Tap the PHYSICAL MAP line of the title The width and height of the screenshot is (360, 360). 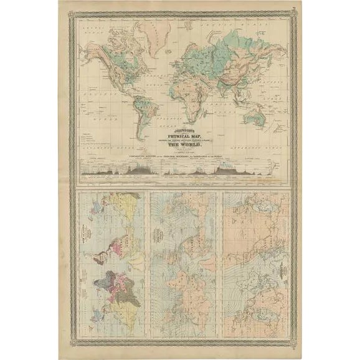(180, 135)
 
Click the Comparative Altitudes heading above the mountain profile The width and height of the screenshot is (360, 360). (180, 153)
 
